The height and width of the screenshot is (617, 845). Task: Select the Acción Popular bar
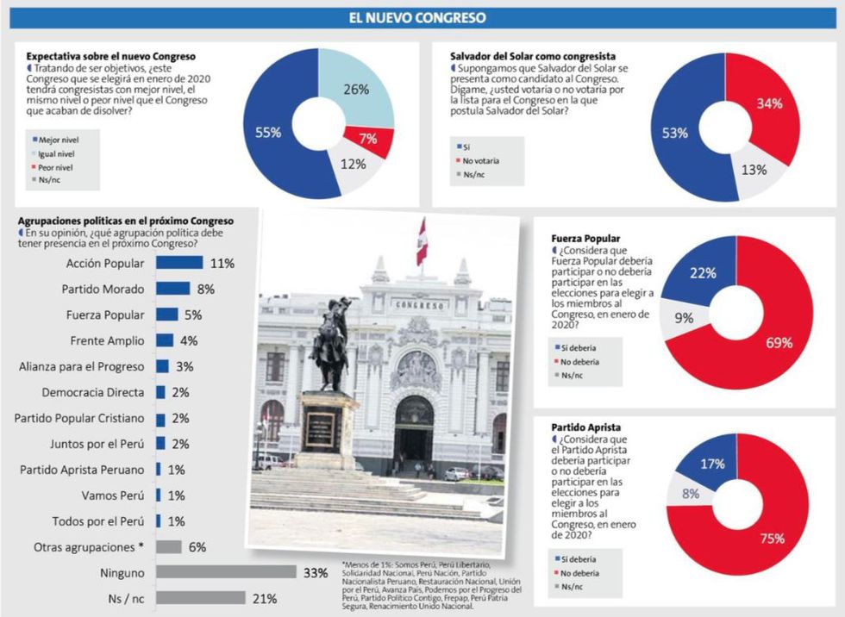click(x=178, y=263)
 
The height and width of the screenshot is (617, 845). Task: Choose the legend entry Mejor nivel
click(x=54, y=138)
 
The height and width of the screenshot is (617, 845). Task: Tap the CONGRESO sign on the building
click(x=420, y=304)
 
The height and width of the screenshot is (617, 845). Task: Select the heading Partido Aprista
click(x=585, y=427)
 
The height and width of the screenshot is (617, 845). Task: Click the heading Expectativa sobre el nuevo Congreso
click(x=111, y=56)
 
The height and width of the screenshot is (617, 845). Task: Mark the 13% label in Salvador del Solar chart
click(x=754, y=170)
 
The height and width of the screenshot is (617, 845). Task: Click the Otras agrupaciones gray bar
click(x=168, y=546)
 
